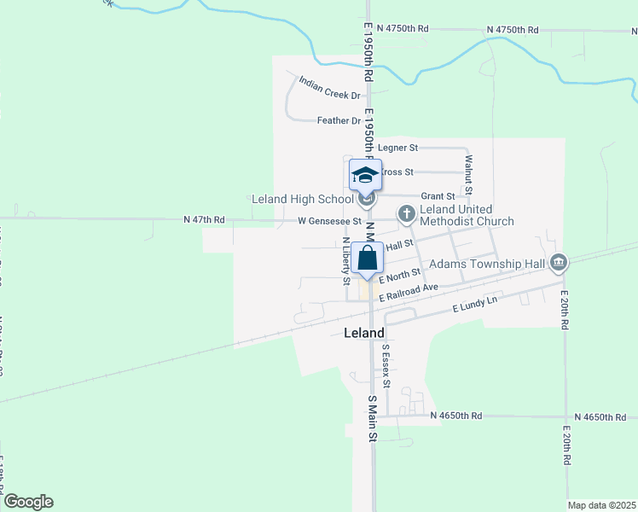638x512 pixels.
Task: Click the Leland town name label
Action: (x=363, y=332)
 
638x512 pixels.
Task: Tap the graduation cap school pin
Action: (x=365, y=176)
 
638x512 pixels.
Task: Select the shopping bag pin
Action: (x=366, y=259)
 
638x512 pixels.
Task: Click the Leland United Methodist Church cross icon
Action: (x=407, y=212)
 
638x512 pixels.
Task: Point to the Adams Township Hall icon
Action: (x=559, y=262)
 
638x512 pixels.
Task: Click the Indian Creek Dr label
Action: (x=329, y=90)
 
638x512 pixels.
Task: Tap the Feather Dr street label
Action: (x=339, y=121)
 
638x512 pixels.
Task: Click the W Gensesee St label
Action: (x=329, y=220)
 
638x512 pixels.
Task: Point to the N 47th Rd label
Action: (x=204, y=220)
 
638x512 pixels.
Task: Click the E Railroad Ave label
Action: (x=409, y=292)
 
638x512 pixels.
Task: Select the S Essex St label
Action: (x=386, y=365)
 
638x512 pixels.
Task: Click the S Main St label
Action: (x=372, y=418)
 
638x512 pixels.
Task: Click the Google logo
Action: (x=28, y=502)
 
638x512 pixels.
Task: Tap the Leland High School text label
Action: (x=302, y=200)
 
